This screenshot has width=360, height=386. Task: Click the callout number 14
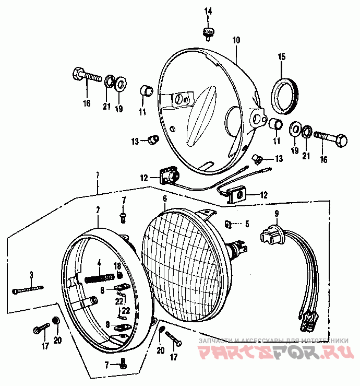[x=208, y=11]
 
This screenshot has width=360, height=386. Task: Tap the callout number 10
[x=236, y=40]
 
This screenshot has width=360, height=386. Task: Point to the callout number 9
[x=277, y=213]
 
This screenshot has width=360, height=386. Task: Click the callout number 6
[x=164, y=198]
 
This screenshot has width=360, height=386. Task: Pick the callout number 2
[x=97, y=210]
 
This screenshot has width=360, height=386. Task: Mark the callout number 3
[x=31, y=275]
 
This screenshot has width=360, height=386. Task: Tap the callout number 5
[x=247, y=224]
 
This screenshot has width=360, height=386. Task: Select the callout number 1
[x=97, y=173]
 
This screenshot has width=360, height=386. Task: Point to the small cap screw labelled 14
[x=209, y=32]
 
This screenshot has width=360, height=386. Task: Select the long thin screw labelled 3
[x=29, y=288]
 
